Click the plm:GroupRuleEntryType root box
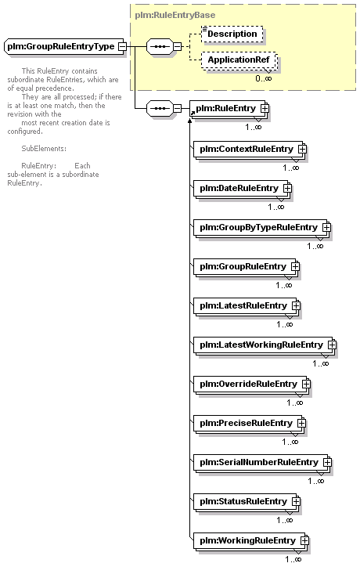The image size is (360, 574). click(63, 46)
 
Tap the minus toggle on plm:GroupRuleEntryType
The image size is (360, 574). click(123, 46)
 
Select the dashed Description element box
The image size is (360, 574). click(232, 34)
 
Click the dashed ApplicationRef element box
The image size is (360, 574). click(239, 60)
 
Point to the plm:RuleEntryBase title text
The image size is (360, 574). click(175, 15)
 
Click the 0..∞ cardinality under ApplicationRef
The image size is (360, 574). click(264, 78)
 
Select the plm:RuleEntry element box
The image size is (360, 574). click(227, 108)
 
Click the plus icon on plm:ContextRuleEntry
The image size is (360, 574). click(302, 149)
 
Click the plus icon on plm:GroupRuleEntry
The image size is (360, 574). click(295, 266)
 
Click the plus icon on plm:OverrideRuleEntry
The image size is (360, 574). click(306, 384)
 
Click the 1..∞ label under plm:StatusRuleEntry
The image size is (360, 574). click(285, 520)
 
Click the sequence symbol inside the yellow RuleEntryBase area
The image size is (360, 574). click(160, 46)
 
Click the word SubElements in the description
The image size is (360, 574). click(44, 149)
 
